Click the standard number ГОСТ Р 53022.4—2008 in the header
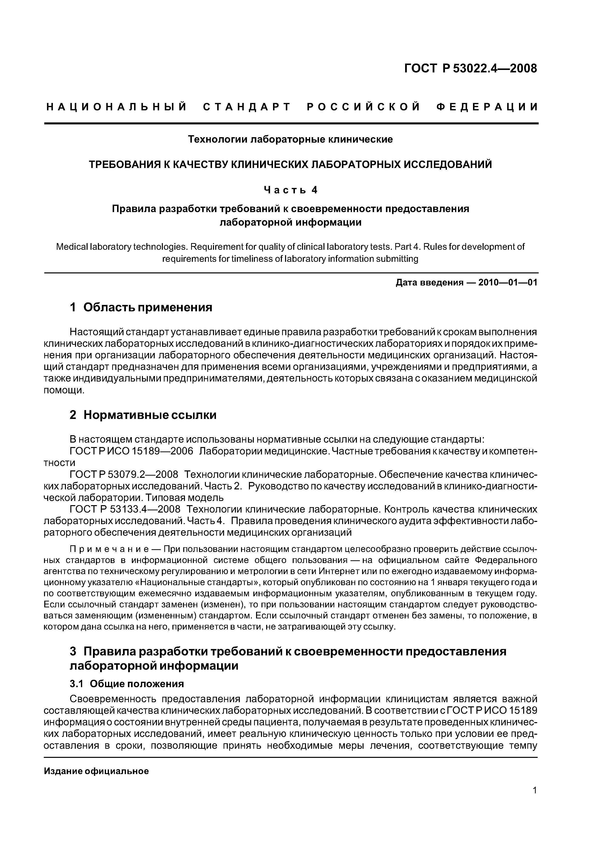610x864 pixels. point(470,68)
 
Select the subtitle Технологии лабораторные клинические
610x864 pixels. point(290,140)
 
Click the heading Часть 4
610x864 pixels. point(290,190)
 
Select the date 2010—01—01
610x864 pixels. point(507,282)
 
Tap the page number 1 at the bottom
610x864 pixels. point(534,791)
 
